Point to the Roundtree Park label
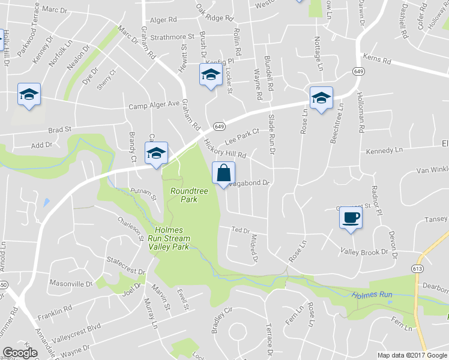pyautogui.click(x=184, y=194)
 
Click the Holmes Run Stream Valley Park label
pyautogui.click(x=172, y=238)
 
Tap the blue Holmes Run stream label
pyautogui.click(x=372, y=295)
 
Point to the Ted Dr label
pyautogui.click(x=241, y=230)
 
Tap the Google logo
pyautogui.click(x=20, y=352)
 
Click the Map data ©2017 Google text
pyautogui.click(x=412, y=355)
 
